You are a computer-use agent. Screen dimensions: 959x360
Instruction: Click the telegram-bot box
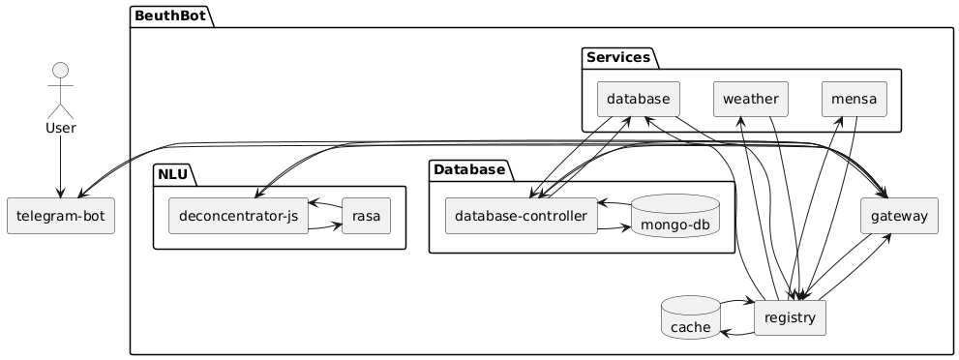click(x=61, y=216)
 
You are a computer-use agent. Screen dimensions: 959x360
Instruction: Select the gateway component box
click(x=899, y=216)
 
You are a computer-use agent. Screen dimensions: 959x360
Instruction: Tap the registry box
click(x=791, y=317)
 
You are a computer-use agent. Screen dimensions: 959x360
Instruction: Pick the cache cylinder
click(x=691, y=317)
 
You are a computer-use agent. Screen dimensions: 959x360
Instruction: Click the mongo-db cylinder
click(x=674, y=216)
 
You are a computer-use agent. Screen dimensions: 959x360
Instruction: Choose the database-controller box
click(x=521, y=216)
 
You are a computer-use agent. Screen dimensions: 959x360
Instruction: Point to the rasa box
click(x=367, y=216)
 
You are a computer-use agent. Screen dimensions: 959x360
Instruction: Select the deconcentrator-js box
click(x=238, y=216)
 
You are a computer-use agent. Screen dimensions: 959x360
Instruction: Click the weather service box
click(x=750, y=99)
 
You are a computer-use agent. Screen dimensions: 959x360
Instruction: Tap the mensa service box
click(x=854, y=99)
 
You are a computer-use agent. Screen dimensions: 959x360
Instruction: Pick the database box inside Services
click(x=639, y=99)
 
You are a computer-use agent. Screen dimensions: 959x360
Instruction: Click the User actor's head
click(x=61, y=71)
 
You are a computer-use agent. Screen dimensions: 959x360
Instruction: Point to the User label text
click(x=61, y=129)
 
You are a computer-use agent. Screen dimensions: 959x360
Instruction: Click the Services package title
click(x=618, y=58)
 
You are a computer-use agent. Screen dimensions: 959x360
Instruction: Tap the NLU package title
click(x=172, y=174)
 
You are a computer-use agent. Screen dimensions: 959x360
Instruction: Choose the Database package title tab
click(x=469, y=169)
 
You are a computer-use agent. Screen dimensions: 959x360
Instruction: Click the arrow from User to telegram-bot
click(x=61, y=166)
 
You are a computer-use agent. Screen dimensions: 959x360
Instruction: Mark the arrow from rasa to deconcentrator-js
click(x=325, y=204)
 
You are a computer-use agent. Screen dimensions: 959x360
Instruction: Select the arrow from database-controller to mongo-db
click(x=614, y=228)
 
